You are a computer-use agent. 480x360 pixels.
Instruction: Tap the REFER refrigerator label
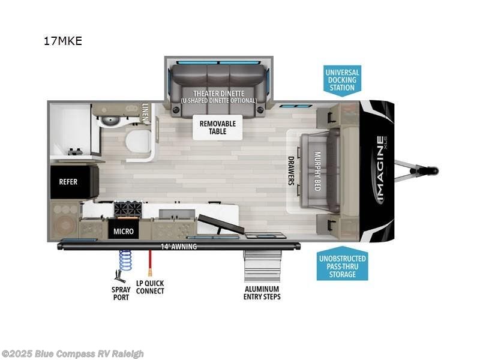point(68,181)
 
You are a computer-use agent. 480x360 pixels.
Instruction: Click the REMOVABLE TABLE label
point(218,127)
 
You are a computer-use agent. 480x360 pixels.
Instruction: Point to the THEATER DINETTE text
point(218,94)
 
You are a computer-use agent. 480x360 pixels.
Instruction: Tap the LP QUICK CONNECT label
point(150,287)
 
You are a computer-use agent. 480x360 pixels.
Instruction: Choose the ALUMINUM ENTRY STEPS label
point(262,292)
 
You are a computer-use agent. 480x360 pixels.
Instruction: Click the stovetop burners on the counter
point(128,210)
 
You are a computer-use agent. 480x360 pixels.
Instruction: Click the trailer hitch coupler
point(430,170)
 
